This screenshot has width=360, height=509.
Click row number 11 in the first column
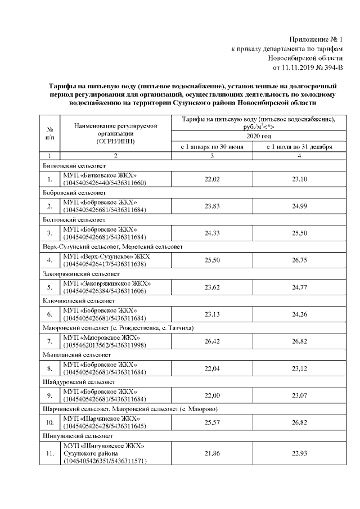tap(50, 453)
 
